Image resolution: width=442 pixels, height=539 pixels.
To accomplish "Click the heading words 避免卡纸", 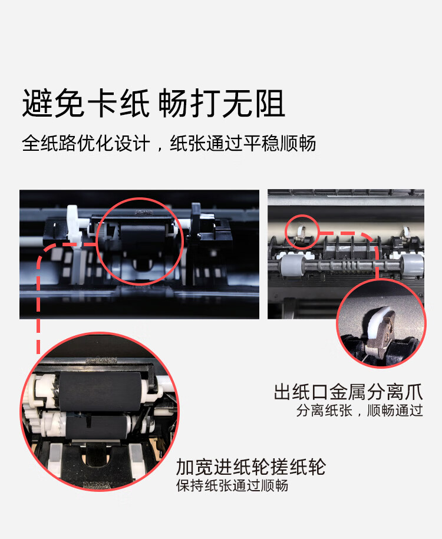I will pos(85,104).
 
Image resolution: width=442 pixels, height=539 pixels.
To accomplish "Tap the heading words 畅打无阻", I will pos(222,104).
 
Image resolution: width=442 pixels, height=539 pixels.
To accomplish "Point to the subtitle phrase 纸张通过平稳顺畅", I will pos(243,143).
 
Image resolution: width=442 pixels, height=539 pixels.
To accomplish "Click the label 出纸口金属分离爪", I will pos(348,392).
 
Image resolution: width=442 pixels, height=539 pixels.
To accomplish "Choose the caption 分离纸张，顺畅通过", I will pos(359,411).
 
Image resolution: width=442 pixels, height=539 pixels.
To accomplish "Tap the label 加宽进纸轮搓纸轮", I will pos(250,467).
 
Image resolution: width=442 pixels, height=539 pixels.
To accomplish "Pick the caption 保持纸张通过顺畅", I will pos(232,486).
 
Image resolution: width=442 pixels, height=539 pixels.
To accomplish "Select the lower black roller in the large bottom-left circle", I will pos(97,425).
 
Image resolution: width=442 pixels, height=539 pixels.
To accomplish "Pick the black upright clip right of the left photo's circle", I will pos(197,224).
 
